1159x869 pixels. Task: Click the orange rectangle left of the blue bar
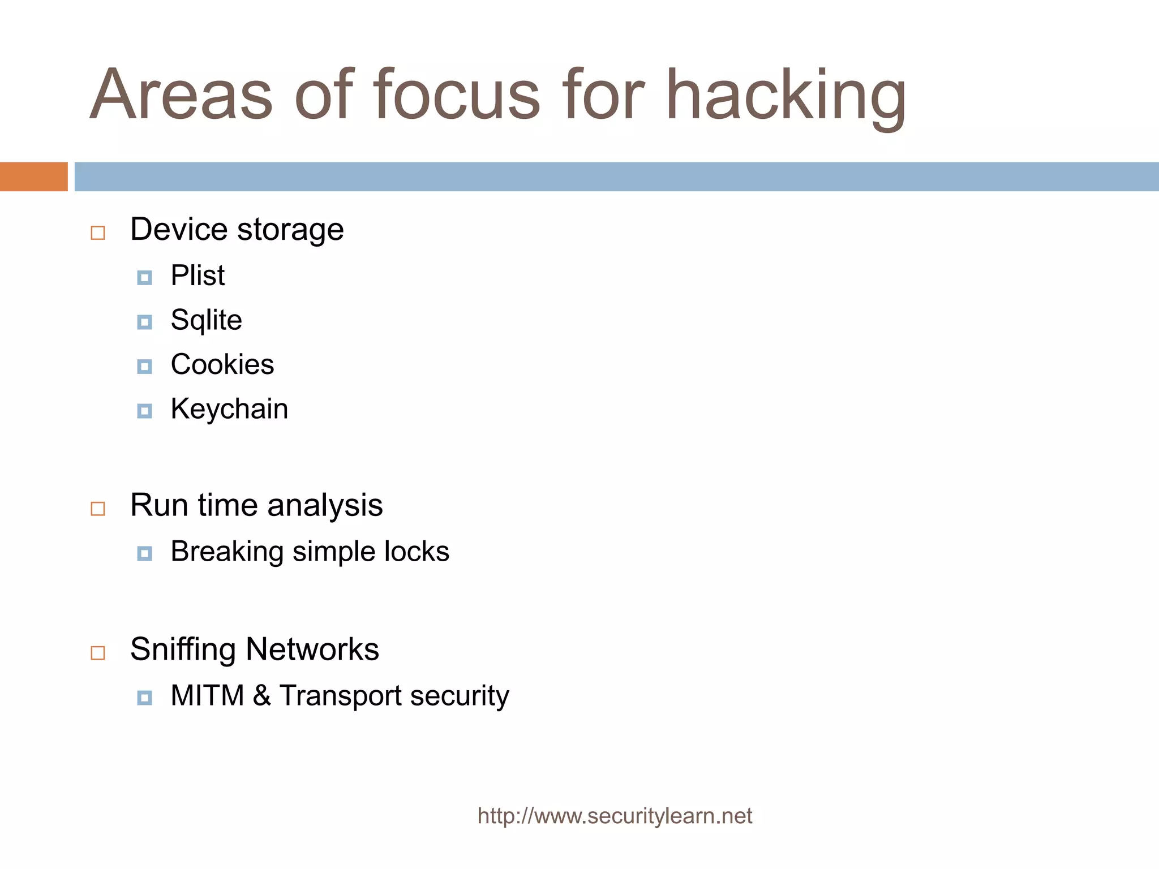[x=33, y=177]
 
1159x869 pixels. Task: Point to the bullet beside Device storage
[x=98, y=233]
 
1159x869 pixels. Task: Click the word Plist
[x=198, y=276]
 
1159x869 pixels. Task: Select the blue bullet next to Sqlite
[x=145, y=322]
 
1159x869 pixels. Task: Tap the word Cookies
[x=222, y=365]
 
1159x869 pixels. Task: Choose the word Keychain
[x=229, y=410]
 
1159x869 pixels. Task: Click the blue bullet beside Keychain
[x=145, y=411]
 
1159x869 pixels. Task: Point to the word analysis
[x=325, y=505]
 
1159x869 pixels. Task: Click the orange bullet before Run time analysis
[x=98, y=509]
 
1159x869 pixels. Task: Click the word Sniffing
[x=183, y=649]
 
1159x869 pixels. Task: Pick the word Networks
[x=312, y=649]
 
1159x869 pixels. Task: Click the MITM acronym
[x=207, y=696]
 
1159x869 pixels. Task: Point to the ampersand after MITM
[x=261, y=696]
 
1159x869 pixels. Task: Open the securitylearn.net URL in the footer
[x=615, y=816]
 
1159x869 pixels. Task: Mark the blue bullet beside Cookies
[x=145, y=367]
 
